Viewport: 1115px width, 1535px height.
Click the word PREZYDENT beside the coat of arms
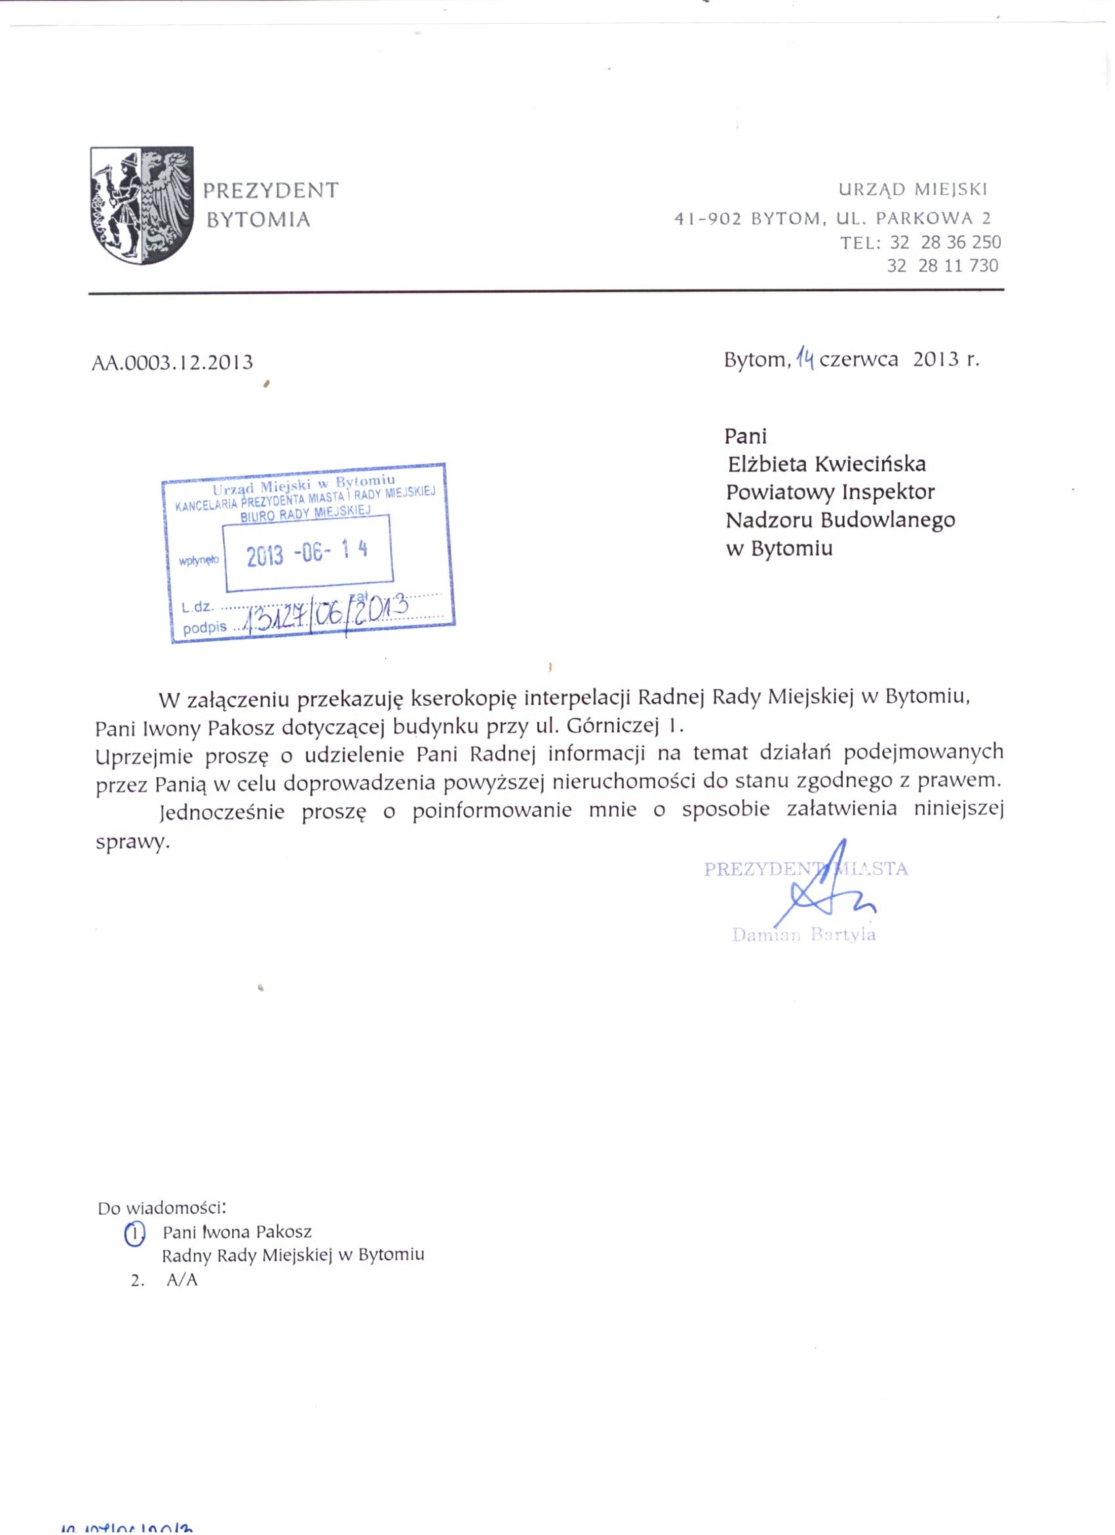click(x=271, y=191)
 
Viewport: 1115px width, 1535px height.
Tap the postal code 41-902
click(x=708, y=218)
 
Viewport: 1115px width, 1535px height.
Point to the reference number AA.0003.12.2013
click(x=172, y=363)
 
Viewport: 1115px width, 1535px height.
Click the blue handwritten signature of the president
click(x=829, y=887)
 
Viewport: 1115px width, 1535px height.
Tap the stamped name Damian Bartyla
click(x=803, y=935)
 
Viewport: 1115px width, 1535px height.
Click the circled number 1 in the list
click(x=134, y=1233)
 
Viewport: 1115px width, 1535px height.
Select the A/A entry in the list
click(x=182, y=1280)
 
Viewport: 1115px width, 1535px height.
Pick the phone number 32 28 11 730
click(x=943, y=266)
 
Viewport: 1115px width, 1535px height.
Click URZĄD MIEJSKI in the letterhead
click(x=913, y=190)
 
